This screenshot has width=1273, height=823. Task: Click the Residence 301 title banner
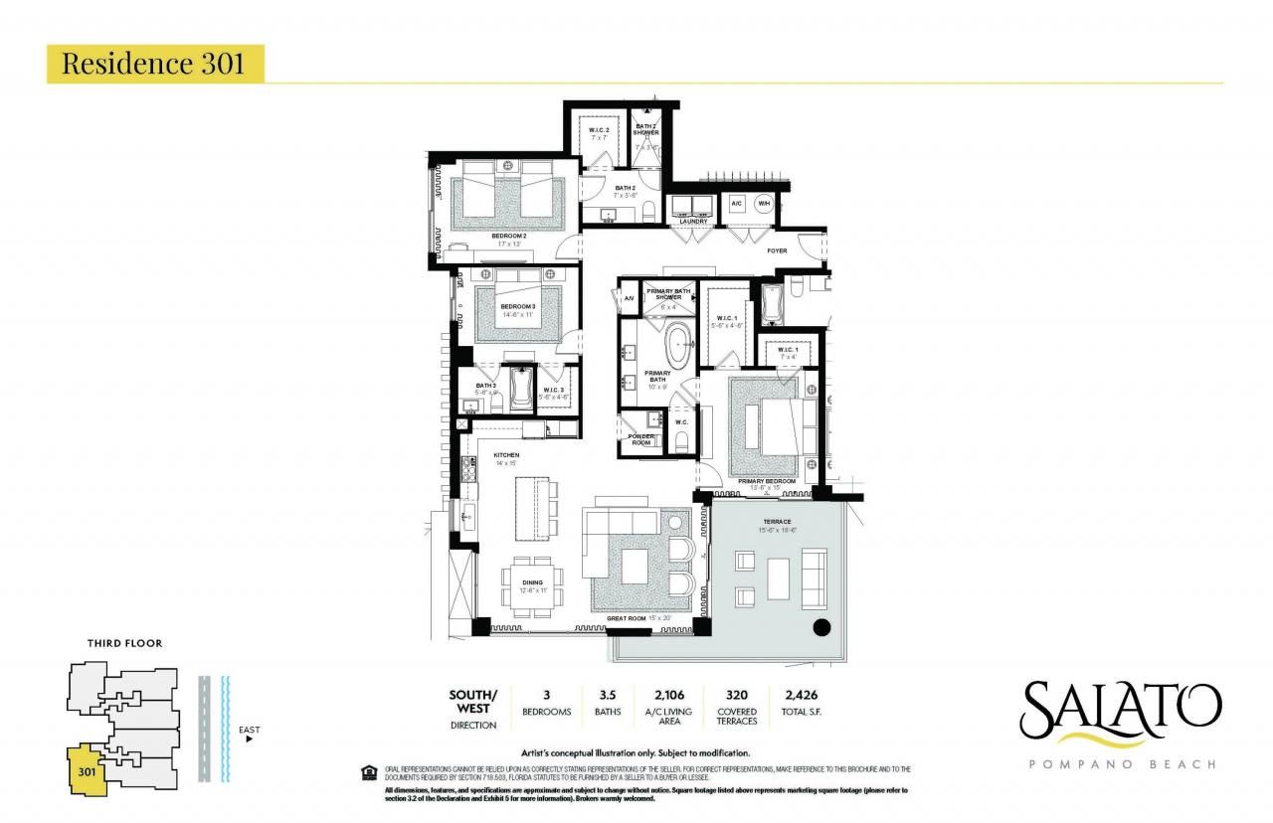pos(155,64)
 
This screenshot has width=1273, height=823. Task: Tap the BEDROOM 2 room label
pos(508,236)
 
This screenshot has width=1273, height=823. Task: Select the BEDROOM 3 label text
pos(518,306)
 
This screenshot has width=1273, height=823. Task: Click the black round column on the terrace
pos(822,626)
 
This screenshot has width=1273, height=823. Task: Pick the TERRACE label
pos(777,522)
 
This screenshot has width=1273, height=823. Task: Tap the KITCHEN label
pos(507,456)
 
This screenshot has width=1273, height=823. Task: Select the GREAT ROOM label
pos(627,619)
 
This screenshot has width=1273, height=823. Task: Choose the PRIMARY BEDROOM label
pos(766,481)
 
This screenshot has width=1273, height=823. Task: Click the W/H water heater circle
pos(764,203)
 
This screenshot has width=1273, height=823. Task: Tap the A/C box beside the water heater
pos(737,203)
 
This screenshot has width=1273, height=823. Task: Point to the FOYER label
pos(777,250)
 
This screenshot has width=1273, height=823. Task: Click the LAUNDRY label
pos(693,222)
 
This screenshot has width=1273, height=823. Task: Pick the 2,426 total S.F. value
pos(802,695)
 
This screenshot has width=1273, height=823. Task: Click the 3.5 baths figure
pos(607,695)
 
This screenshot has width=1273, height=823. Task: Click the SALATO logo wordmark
pos(1119,706)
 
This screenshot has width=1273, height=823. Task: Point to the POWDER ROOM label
pos(640,438)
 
